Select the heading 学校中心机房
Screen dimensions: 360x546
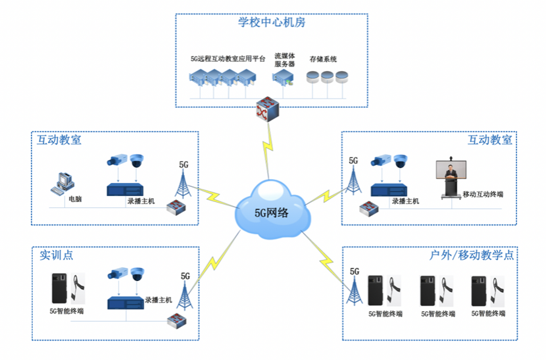(x=272, y=22)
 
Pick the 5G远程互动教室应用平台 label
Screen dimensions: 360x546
(x=228, y=59)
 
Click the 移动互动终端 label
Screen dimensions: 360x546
(x=482, y=195)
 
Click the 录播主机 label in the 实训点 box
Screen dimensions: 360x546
(x=158, y=300)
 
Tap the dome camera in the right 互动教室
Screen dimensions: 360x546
(x=401, y=161)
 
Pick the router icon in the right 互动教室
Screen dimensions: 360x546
(x=368, y=210)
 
